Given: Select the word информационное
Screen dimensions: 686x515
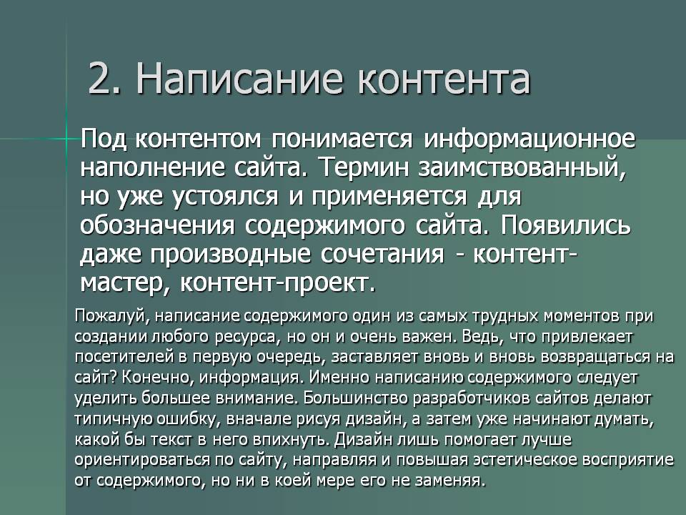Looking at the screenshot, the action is click(530, 140).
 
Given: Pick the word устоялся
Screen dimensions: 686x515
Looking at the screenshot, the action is click(226, 197).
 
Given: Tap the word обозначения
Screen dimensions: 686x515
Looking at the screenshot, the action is click(157, 225).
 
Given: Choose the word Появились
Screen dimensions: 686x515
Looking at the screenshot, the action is click(566, 225).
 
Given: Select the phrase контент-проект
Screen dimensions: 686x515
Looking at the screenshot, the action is click(278, 284).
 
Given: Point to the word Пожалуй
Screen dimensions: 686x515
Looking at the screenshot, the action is click(111, 316).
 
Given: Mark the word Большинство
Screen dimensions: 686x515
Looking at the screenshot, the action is click(356, 398).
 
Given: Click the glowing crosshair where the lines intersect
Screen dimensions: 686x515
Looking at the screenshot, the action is click(67, 139).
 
